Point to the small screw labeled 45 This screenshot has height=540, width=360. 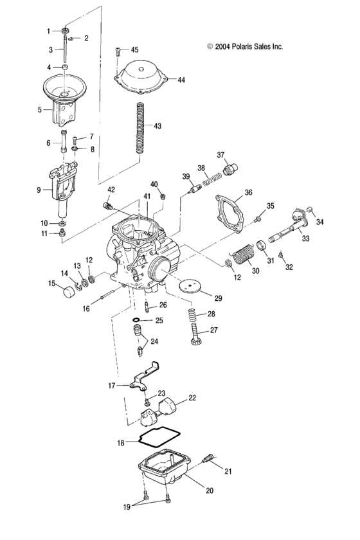click(x=118, y=51)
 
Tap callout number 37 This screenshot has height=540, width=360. click(x=221, y=155)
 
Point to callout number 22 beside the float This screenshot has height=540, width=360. click(x=192, y=399)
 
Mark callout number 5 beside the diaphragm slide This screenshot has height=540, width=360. click(x=39, y=110)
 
